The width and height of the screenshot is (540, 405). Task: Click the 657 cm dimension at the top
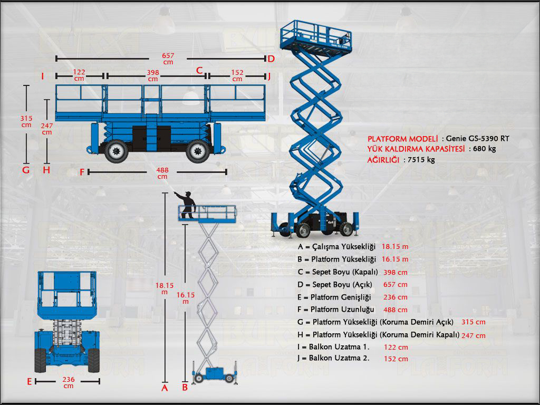coord(168,59)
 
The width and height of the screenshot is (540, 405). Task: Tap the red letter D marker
coord(271,59)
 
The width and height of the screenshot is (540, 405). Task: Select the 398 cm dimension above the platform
coord(153,75)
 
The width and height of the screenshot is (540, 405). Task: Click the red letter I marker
coord(42,76)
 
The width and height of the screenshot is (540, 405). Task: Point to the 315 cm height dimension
coord(26,121)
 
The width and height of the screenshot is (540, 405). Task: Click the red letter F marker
coord(82,172)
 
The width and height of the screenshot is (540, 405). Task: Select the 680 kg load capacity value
coord(485,149)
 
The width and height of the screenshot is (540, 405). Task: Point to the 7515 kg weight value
coord(421,159)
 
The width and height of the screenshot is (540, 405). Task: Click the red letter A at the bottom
coord(165,388)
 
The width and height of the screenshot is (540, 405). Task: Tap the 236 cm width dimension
coord(69,383)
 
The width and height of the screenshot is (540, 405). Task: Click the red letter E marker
coord(30,382)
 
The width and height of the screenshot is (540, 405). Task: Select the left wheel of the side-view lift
coord(115,151)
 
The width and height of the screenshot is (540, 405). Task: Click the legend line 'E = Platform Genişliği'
coord(334,297)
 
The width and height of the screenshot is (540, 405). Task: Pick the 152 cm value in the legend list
coord(396,359)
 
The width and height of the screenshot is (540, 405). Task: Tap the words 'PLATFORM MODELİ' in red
coord(403,138)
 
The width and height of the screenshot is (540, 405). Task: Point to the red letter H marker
coord(46,170)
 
